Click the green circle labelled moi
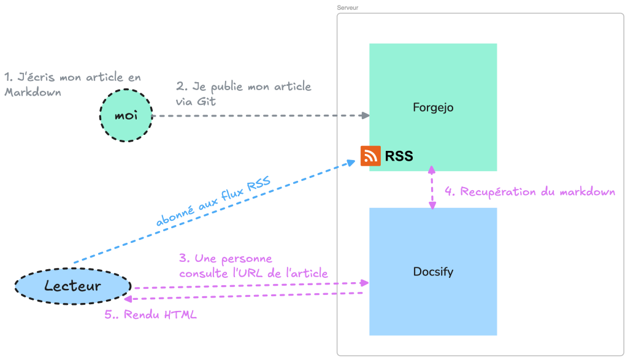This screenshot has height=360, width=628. tap(126, 115)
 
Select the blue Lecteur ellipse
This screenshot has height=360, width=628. tap(72, 286)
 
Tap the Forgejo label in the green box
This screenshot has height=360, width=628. tap(433, 108)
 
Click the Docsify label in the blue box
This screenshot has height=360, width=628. tap(433, 271)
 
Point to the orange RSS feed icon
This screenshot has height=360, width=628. tap(370, 156)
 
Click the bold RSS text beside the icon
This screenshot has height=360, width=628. tap(399, 156)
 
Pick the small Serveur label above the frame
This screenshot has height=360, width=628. tap(347, 7)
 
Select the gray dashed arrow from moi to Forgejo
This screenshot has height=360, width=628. tap(258, 115)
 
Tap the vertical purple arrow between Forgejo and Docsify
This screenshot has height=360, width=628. tap(432, 188)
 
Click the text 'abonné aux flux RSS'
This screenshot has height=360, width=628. tap(213, 202)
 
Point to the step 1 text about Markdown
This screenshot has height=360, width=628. tap(72, 85)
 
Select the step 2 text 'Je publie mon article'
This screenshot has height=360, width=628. tap(243, 87)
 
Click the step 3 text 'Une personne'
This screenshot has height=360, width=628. tap(226, 258)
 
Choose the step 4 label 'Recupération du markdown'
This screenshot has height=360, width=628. tap(529, 192)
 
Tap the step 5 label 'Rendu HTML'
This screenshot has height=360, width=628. tap(150, 315)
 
